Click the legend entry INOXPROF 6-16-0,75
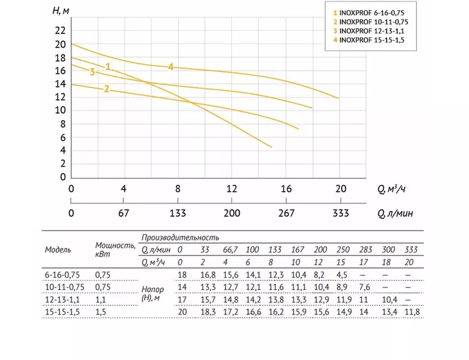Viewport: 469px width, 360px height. [369, 13]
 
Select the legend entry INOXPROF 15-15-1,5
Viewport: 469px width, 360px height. [369, 40]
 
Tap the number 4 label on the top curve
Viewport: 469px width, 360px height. [171, 67]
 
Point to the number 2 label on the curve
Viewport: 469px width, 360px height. [107, 89]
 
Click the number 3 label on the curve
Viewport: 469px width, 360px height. [92, 72]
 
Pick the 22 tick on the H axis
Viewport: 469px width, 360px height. [60, 30]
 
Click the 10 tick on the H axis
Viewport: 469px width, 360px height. [60, 110]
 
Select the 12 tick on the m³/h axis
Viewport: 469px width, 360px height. [232, 188]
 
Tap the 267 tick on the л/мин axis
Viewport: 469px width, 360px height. [287, 213]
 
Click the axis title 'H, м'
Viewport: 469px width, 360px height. [61, 11]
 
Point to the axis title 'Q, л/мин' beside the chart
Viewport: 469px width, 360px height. [395, 213]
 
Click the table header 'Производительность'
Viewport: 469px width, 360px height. [181, 238]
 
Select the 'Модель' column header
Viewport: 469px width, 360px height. [58, 249]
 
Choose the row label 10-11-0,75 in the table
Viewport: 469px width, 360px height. [65, 287]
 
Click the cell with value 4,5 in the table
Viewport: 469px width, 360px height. [342, 274]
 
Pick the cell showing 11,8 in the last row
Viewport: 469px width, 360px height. [412, 312]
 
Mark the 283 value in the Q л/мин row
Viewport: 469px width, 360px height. [366, 249]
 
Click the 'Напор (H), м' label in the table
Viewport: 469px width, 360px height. [152, 294]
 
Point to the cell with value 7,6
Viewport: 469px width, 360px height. [365, 287]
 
